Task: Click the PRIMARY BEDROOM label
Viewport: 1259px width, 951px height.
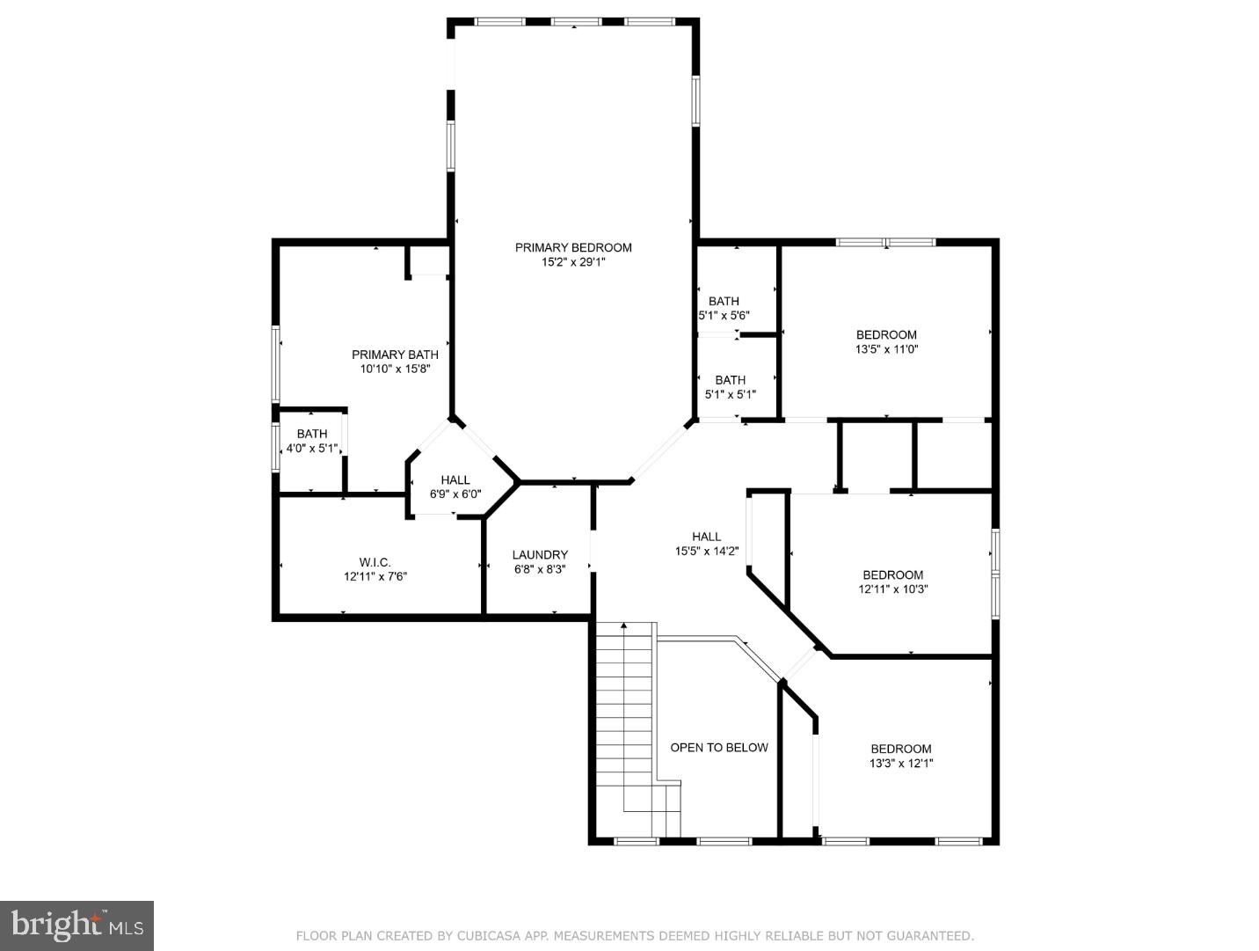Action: click(x=573, y=247)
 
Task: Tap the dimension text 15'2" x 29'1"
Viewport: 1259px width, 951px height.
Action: click(x=573, y=261)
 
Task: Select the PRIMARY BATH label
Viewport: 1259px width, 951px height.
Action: click(x=395, y=355)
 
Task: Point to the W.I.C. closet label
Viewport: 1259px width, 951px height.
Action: click(x=375, y=562)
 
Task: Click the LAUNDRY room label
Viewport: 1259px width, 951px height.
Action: click(x=540, y=554)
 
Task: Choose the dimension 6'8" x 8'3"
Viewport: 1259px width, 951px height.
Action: click(x=540, y=569)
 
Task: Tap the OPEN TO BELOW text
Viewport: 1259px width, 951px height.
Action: click(x=719, y=747)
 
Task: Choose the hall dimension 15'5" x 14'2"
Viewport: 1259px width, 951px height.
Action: click(x=707, y=552)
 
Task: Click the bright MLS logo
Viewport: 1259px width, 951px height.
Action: click(x=77, y=925)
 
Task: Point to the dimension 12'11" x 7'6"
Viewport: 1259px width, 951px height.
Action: click(x=375, y=577)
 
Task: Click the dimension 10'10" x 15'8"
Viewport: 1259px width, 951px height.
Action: click(x=395, y=369)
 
